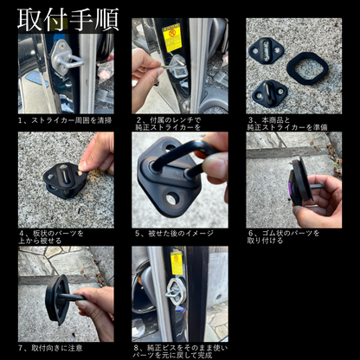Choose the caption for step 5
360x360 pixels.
coord(177,233)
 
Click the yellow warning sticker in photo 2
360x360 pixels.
coord(171,39)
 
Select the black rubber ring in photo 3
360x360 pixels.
coord(308,67)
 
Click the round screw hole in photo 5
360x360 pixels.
coord(172,198)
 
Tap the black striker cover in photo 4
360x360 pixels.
coord(62,180)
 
